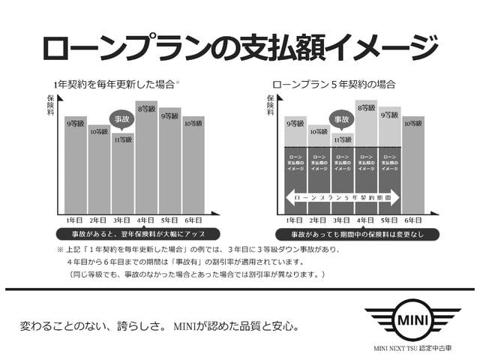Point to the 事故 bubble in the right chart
coord(341,119)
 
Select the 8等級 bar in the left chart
coord(146,157)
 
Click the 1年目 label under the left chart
coord(76,220)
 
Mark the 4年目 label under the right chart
coord(366,220)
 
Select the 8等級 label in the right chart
coord(366,108)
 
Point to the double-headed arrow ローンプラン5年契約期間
coord(341,196)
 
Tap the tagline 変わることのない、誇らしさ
coord(94,326)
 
